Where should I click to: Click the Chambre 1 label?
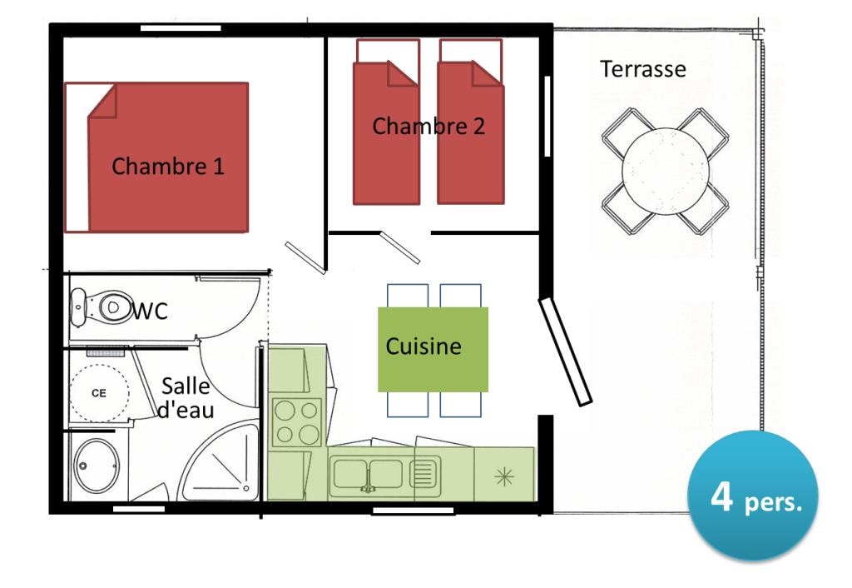point(168,166)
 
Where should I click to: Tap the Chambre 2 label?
point(428,127)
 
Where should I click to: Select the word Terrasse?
point(643,68)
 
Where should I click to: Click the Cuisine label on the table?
point(423,346)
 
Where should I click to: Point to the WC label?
point(151,311)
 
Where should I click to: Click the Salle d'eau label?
point(186,398)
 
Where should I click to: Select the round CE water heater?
point(99,392)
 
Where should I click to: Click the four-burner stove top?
point(297,422)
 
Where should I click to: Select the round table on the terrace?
point(666,171)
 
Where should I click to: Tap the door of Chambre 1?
point(305,257)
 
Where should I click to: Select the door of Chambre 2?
point(400,247)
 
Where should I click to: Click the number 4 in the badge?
point(721,497)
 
